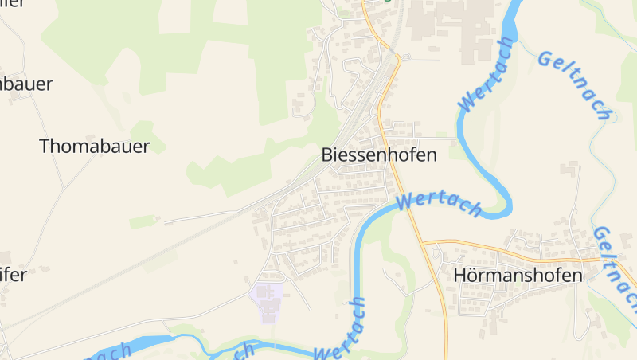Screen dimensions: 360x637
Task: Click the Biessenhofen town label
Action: tap(379, 155)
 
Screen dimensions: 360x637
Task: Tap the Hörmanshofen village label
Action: tap(518, 275)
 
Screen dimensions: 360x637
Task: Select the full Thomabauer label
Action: tap(94, 146)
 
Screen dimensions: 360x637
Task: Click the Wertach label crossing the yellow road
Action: tap(439, 205)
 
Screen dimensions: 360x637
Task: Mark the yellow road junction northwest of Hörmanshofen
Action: tap(423, 241)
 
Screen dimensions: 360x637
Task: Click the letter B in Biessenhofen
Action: tap(327, 155)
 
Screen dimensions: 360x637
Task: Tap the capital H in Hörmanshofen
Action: tap(459, 275)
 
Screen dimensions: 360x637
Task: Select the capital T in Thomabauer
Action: tap(45, 146)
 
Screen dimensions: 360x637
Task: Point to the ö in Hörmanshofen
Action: tap(474, 275)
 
